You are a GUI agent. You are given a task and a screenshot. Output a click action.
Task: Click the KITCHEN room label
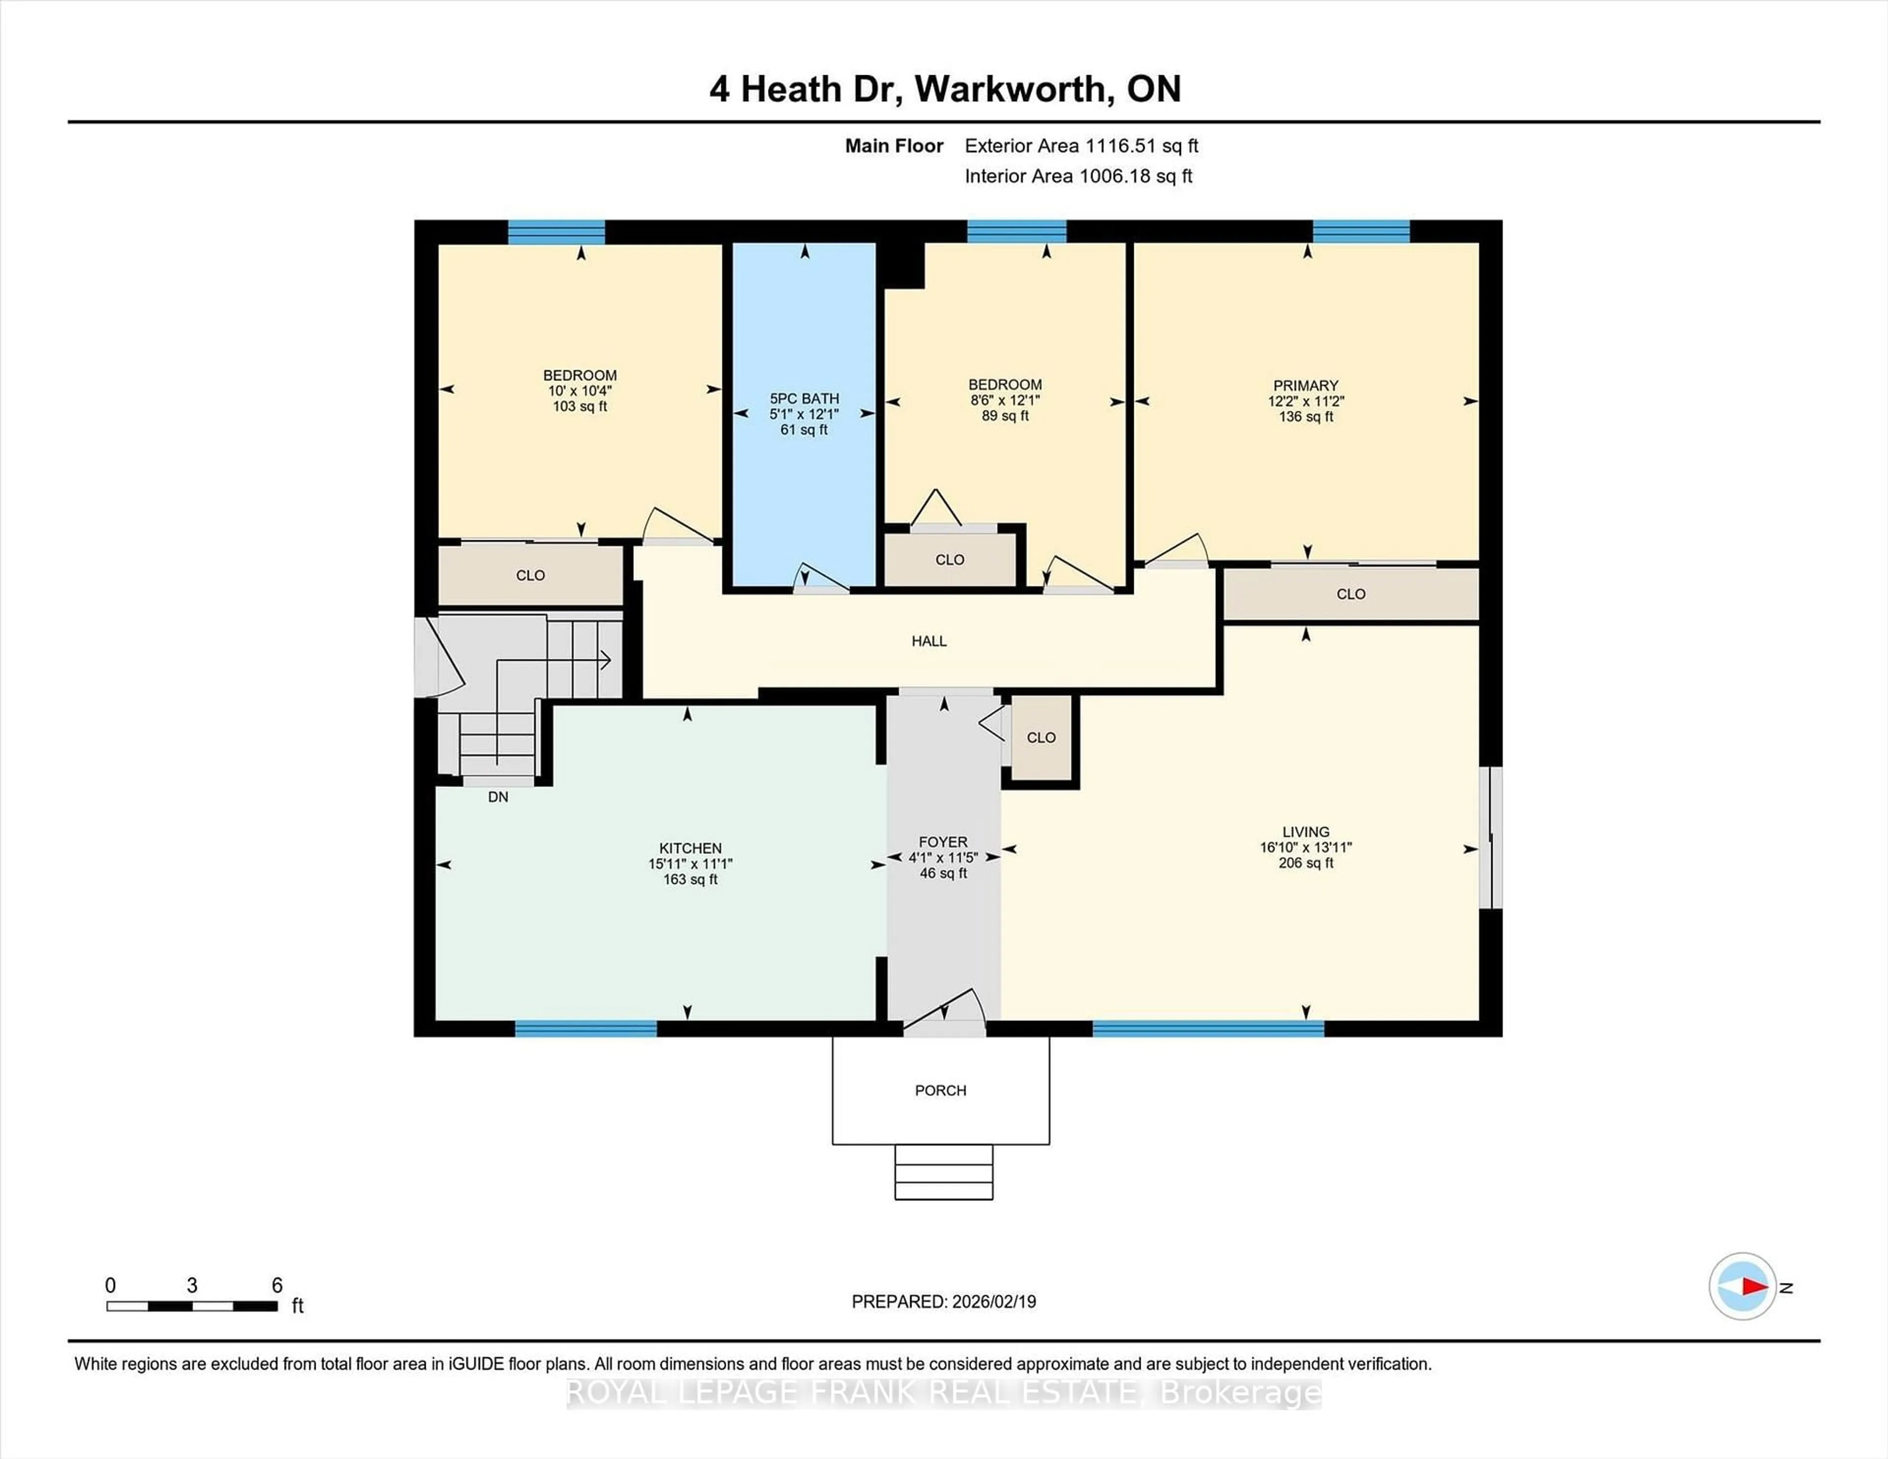click(690, 848)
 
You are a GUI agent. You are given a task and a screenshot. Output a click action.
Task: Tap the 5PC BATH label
click(804, 399)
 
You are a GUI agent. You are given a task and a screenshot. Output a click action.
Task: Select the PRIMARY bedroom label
click(1305, 385)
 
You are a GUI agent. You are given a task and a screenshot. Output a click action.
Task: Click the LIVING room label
click(1305, 831)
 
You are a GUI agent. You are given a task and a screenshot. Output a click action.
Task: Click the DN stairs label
click(498, 797)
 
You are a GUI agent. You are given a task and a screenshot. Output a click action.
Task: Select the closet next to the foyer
click(1041, 737)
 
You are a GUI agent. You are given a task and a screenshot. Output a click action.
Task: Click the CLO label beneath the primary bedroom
click(1350, 594)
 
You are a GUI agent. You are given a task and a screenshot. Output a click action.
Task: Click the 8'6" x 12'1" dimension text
click(1004, 400)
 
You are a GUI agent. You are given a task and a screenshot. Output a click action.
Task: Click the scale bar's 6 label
click(277, 1285)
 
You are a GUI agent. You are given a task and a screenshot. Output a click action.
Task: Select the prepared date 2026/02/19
click(992, 1302)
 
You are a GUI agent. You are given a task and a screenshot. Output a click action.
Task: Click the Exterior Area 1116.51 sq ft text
click(1081, 146)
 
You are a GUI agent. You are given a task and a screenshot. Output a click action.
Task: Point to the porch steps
click(943, 1172)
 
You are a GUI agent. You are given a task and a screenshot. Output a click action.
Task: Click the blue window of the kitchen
click(586, 1028)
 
